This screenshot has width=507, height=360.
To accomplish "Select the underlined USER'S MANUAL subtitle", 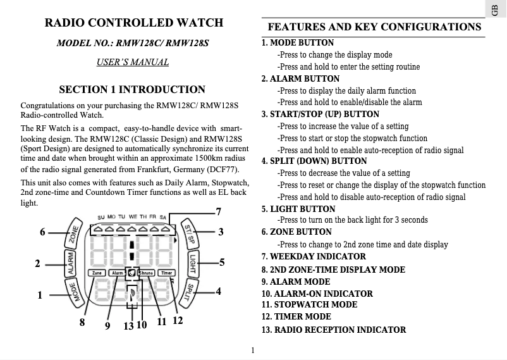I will tap(133, 62).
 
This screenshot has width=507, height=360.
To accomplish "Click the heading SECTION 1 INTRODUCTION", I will tap(132, 89).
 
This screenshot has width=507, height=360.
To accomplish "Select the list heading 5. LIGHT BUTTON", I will tap(298, 209).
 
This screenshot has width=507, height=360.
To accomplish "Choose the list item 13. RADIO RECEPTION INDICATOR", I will tap(334, 330).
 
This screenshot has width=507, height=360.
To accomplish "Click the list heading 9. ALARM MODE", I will tap(296, 282).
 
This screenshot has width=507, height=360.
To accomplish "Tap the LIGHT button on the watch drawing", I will tap(193, 263).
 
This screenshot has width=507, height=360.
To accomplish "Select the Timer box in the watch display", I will tap(166, 273).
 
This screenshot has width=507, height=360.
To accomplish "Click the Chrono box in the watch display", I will tap(145, 273).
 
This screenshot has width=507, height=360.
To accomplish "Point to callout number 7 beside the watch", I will tap(218, 211).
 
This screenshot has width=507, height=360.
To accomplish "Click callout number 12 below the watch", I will tap(178, 321).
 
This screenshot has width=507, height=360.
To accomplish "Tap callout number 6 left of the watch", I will tap(43, 232).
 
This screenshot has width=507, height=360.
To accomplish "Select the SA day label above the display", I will tap(163, 217).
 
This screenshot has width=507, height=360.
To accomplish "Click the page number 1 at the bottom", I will tap(252, 350).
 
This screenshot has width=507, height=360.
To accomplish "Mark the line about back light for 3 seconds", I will tap(353, 220).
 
